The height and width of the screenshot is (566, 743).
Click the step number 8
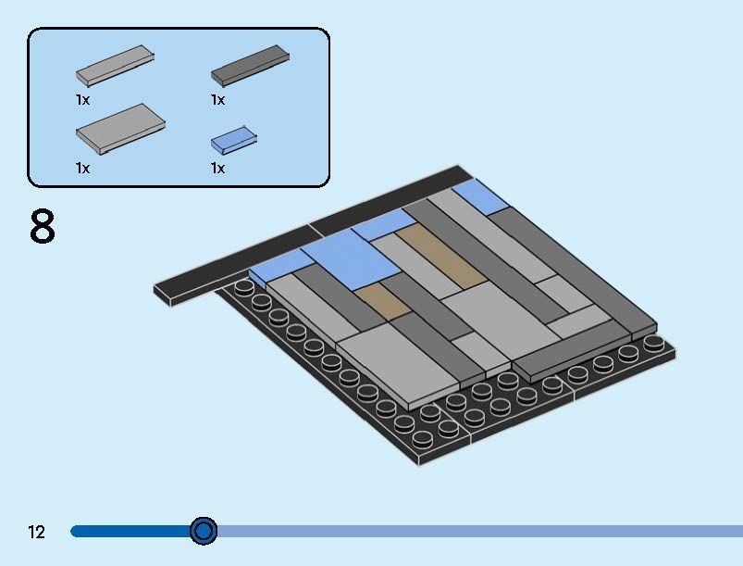point(43,226)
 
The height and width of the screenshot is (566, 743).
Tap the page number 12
point(36,532)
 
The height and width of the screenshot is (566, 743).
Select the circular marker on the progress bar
point(204,531)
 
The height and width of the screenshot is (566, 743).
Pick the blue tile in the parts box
point(234,140)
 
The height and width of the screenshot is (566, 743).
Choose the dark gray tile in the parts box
point(250,66)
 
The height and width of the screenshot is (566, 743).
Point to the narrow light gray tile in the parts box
point(115,66)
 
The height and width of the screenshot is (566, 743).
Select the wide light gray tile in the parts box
point(121,129)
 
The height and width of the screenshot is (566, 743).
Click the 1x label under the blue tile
point(218,168)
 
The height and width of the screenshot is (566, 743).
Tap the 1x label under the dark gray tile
point(218,100)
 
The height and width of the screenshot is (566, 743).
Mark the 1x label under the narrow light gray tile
point(82,100)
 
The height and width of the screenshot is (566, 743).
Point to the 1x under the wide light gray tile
point(82,168)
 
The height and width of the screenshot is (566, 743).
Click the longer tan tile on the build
point(441,257)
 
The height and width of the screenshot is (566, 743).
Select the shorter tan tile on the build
point(383,301)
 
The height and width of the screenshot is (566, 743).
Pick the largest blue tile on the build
point(351,259)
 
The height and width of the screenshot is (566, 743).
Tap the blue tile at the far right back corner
point(480,197)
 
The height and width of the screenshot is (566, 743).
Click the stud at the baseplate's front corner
point(421,439)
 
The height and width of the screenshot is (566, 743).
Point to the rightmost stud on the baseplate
point(654,343)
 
